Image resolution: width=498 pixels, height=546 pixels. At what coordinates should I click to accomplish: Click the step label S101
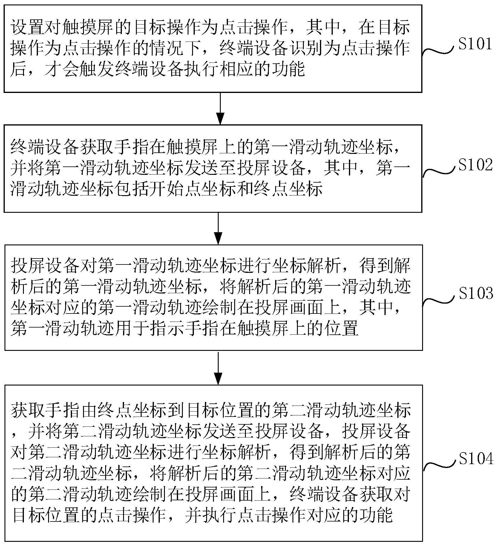475,44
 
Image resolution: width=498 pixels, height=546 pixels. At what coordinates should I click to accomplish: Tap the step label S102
475,165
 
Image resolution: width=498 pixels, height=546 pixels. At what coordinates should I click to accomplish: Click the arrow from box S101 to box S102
220,108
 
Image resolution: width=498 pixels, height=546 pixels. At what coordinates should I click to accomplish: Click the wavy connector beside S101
439,51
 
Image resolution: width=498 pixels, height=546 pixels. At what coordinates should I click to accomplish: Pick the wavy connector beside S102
439,172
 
